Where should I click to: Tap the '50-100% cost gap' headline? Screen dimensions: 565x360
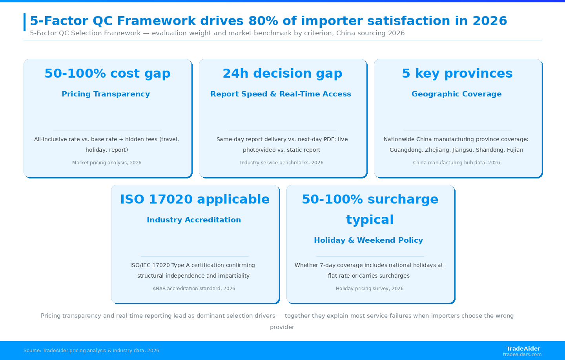(108, 73)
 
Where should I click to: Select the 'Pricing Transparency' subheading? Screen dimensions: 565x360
(106, 94)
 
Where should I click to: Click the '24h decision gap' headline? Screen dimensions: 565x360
(282, 73)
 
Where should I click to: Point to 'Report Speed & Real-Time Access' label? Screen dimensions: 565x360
(281, 94)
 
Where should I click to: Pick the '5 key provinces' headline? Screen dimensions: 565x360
(457, 73)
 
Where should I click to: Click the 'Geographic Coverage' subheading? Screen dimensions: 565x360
(457, 94)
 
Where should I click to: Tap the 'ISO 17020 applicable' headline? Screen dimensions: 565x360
(195, 199)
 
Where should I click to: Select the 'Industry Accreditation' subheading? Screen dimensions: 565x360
(194, 220)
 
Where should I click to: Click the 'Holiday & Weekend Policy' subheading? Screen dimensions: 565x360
(368, 240)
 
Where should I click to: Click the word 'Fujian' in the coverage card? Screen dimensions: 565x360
(515, 150)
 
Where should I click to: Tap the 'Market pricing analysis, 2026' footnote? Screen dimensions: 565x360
(107, 163)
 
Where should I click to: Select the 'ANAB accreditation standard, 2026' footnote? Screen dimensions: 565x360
(194, 288)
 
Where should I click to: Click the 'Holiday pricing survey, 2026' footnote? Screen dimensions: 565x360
(370, 288)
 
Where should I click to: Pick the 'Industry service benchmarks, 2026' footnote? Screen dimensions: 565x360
(281, 163)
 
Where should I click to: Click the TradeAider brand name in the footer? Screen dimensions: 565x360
(523, 349)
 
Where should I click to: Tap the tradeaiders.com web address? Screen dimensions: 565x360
(522, 355)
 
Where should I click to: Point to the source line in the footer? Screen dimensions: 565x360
(91, 351)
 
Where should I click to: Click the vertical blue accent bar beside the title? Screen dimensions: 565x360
(24, 22)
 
